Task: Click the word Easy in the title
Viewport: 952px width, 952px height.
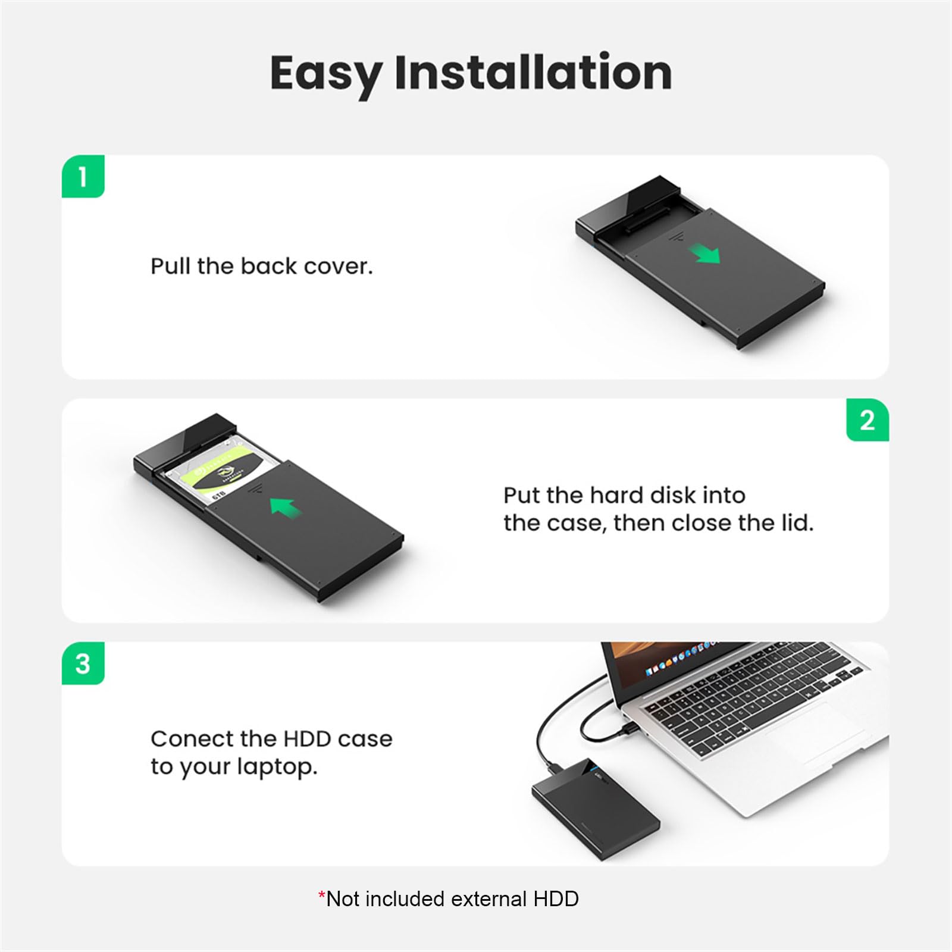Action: click(x=326, y=73)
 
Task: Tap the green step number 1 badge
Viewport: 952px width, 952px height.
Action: click(x=83, y=176)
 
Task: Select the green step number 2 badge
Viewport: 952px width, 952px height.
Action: click(x=868, y=420)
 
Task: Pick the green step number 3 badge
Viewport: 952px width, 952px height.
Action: click(x=83, y=663)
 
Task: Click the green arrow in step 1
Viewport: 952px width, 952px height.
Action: click(x=705, y=254)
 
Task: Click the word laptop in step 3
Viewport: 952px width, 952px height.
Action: click(x=277, y=768)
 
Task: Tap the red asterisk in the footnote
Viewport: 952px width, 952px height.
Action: click(x=322, y=896)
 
